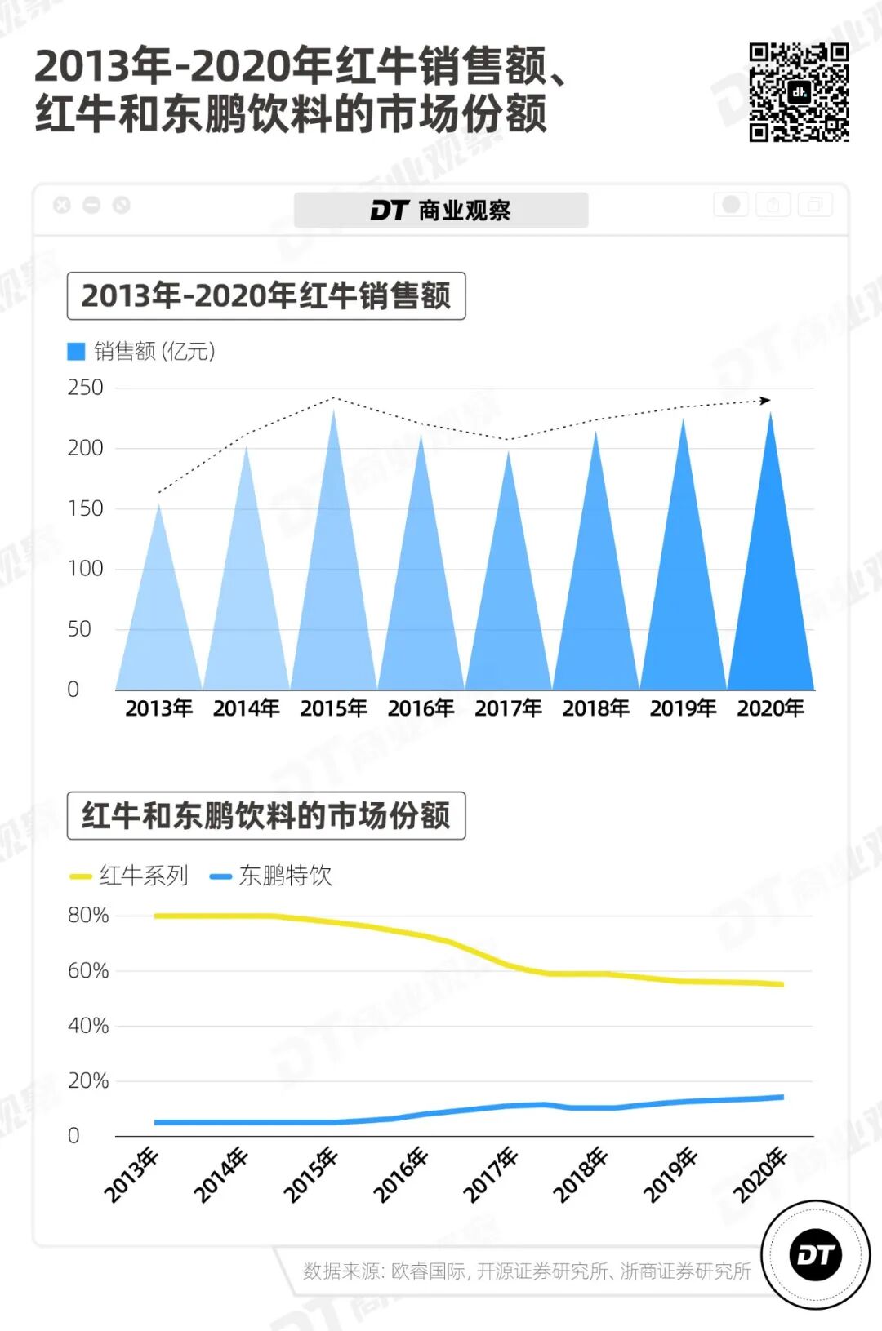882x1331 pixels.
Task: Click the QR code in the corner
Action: click(799, 91)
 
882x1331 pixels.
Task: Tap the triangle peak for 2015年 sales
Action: click(333, 412)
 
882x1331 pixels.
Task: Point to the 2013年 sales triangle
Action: click(159, 620)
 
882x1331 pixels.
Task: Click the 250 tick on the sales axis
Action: click(85, 388)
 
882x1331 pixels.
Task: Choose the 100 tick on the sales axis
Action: click(85, 569)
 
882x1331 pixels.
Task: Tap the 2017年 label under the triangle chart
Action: click(508, 708)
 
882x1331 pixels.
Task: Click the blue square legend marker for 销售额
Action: click(76, 352)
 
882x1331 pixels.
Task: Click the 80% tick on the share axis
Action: click(87, 916)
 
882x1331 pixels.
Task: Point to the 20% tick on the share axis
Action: click(87, 1081)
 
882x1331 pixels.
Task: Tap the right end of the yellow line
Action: click(782, 984)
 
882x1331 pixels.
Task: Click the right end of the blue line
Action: click(782, 1098)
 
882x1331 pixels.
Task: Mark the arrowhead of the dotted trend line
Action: click(765, 400)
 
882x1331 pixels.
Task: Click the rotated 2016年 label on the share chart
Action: click(401, 1175)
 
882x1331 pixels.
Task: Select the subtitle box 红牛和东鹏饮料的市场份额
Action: click(266, 816)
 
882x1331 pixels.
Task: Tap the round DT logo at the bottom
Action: click(815, 1255)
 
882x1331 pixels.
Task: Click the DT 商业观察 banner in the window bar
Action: click(441, 211)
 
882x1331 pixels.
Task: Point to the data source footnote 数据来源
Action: click(527, 1271)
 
